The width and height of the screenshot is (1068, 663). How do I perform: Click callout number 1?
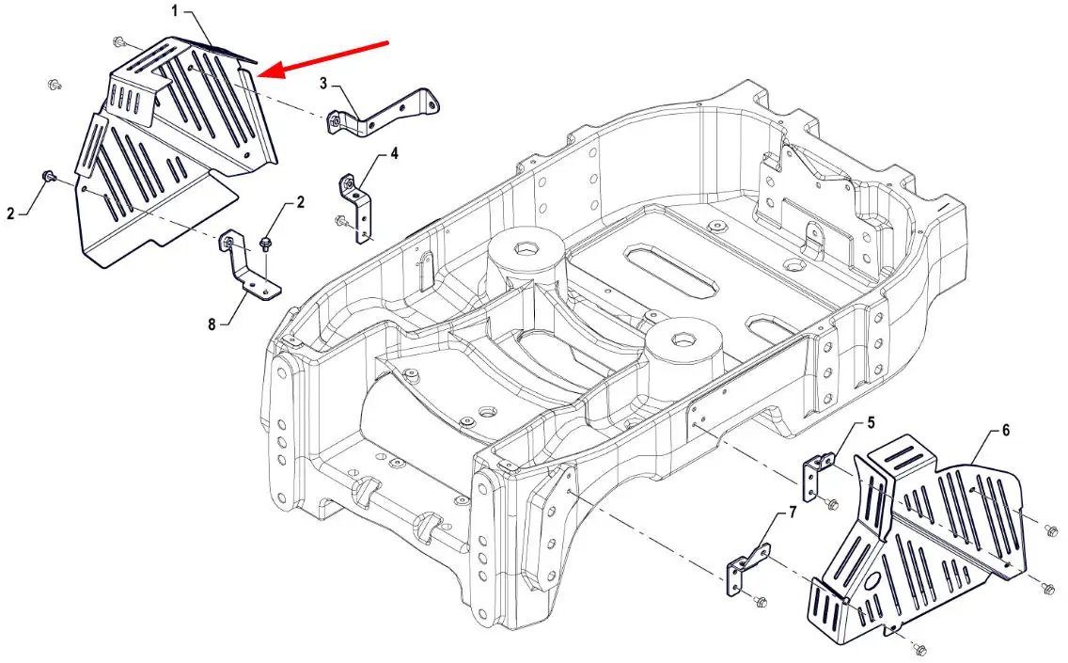[175, 10]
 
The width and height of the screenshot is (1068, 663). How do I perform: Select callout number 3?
[323, 84]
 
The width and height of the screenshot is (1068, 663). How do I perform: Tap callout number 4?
[395, 152]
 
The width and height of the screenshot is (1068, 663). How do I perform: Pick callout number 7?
[792, 513]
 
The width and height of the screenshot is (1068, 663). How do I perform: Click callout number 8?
[212, 324]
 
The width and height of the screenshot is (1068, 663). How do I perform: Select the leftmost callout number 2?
[11, 213]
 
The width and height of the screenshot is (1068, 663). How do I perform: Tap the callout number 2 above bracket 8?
[301, 201]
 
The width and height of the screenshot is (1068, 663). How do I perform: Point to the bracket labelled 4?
[358, 207]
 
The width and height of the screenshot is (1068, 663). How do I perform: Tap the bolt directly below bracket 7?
[761, 600]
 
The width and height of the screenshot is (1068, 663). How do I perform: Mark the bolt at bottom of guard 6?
[920, 649]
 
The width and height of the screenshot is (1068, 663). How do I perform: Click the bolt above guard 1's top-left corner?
[121, 41]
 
